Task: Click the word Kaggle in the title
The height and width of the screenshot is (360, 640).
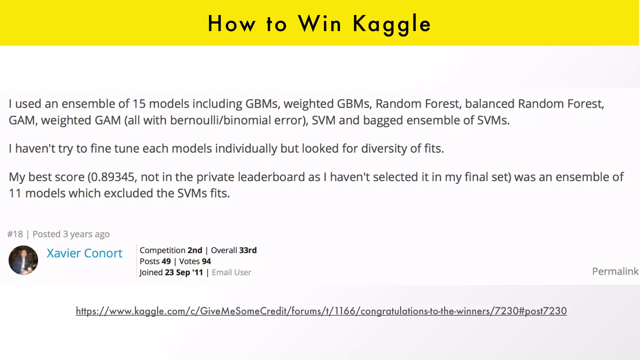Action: [392, 24]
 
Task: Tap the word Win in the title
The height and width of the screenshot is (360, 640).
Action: [319, 24]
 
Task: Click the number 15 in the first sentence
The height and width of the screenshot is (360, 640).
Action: [139, 104]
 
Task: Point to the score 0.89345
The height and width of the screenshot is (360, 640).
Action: [112, 177]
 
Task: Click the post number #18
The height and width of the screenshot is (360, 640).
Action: [15, 234]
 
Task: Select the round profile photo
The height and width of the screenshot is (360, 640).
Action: [23, 260]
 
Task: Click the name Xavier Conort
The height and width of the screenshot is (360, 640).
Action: [84, 253]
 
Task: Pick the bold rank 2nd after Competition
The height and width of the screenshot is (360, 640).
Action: [195, 250]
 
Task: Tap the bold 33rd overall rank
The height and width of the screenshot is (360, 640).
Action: [248, 250]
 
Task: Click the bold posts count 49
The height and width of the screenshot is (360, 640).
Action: [166, 261]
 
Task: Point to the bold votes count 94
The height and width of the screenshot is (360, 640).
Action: [206, 261]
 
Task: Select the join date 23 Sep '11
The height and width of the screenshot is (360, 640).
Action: [184, 272]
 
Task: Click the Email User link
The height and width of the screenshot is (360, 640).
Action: [231, 272]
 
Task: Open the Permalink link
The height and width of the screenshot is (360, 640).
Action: [615, 271]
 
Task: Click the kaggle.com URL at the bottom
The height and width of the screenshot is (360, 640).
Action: [321, 311]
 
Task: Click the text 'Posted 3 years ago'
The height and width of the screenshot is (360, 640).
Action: [71, 234]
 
